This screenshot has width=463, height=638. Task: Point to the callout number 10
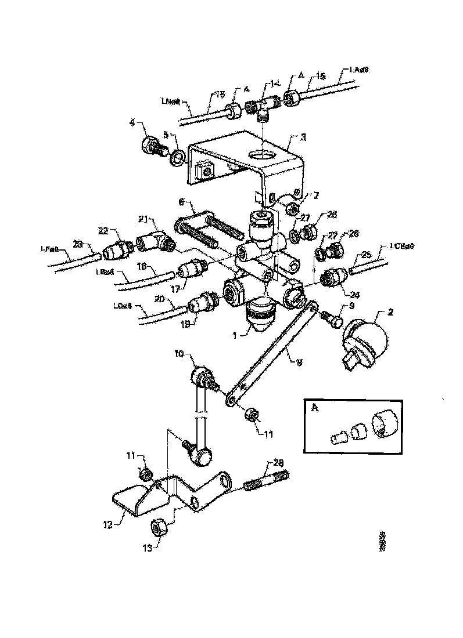(178, 353)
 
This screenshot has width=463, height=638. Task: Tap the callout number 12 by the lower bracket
(147, 547)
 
